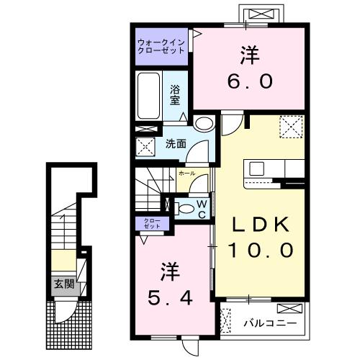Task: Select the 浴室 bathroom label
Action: click(175, 95)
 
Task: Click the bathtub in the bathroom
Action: click(149, 98)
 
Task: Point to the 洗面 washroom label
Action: click(176, 143)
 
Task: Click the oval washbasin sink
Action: click(204, 123)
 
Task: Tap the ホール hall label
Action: click(186, 174)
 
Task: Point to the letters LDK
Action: click(261, 225)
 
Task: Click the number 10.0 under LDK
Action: click(261, 250)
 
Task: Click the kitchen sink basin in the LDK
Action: click(258, 170)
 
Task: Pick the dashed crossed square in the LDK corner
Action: click(292, 127)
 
